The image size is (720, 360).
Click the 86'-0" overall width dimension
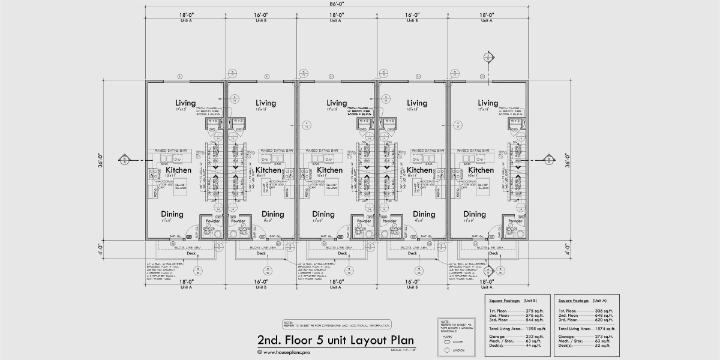[336, 4]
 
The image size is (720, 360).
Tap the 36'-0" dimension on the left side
[103, 162]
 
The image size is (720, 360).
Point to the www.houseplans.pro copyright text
[288, 352]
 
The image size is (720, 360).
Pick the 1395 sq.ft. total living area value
[533, 329]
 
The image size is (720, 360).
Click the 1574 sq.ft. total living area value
[600, 329]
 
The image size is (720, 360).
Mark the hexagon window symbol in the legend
[447, 350]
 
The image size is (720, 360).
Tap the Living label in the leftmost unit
[185, 103]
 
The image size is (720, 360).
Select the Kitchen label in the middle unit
[329, 170]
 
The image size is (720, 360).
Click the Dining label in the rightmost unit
[475, 214]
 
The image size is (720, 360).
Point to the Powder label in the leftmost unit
[213, 221]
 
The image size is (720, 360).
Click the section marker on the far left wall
[124, 160]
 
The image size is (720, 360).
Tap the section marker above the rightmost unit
[488, 57]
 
